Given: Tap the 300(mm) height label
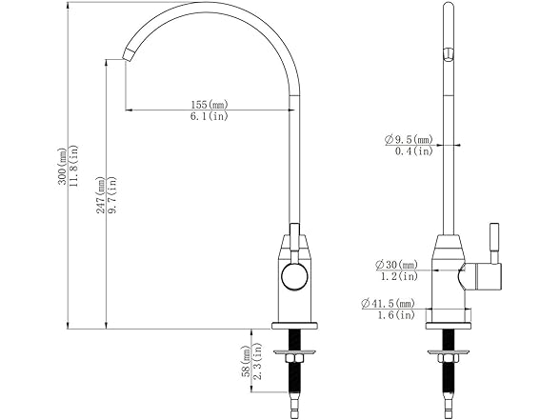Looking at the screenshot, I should pos(63,167).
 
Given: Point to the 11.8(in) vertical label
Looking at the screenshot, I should pos(75,167).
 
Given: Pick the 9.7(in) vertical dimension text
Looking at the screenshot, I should pos(113,196).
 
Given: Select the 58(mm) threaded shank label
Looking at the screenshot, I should pos(247,363).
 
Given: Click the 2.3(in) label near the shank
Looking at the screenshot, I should pos(258,363).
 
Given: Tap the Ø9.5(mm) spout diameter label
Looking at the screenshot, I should pos(410,140).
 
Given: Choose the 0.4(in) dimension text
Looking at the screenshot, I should pos(414,151).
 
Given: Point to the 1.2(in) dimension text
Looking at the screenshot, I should pos(398,276).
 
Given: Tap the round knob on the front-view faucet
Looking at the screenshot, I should pos(295,278).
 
